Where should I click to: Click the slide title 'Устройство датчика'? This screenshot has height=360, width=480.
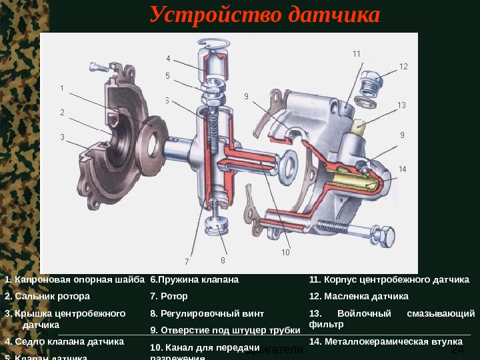point(265,15)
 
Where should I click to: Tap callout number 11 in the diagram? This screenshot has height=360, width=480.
point(357,53)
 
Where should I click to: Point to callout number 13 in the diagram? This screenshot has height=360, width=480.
point(401,105)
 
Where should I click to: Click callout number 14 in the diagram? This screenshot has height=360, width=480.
point(402,169)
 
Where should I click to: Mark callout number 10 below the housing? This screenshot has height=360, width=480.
point(285,253)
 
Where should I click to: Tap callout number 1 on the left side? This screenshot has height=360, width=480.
point(62,87)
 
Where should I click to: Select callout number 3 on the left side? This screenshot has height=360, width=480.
point(62,137)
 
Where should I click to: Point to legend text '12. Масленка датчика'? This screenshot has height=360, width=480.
point(359,296)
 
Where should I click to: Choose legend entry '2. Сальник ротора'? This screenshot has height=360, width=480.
point(47,296)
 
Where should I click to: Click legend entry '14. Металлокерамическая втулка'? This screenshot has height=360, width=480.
point(386,341)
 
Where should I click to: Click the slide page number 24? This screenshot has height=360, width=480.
point(457,351)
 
